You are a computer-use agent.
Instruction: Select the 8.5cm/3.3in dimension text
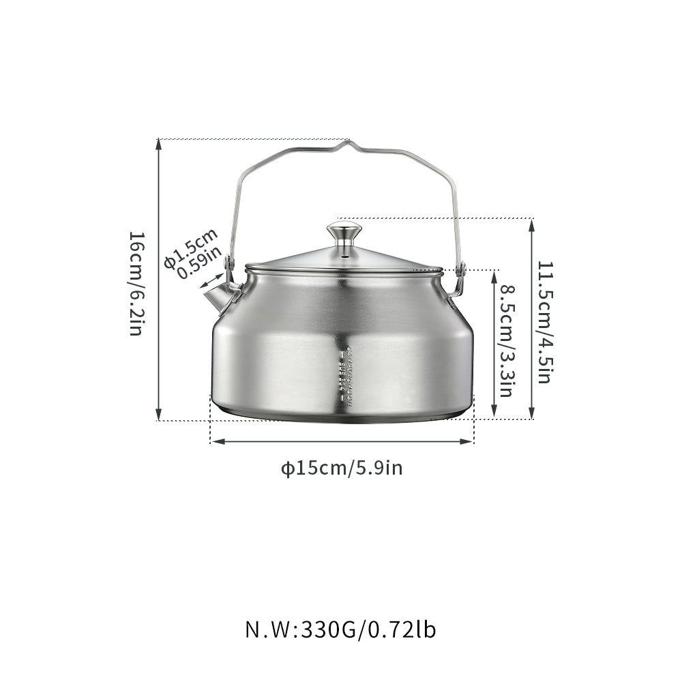[506, 341]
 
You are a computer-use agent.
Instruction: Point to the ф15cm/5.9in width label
[342, 468]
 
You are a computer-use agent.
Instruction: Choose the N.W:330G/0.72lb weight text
[340, 629]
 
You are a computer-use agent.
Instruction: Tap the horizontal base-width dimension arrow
[342, 441]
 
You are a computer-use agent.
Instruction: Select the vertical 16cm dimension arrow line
[159, 280]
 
